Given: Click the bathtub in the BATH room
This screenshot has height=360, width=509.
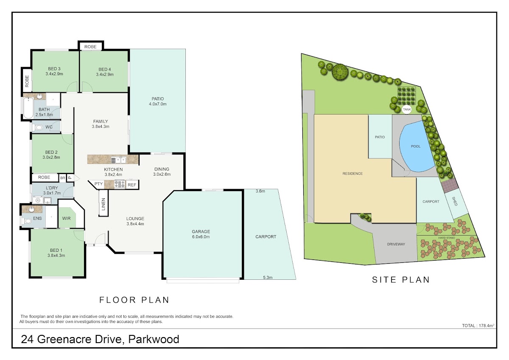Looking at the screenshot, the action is click(28, 108).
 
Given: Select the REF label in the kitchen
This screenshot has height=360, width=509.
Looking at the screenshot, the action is click(132, 185).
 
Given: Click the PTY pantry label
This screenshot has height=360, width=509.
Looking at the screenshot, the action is click(98, 184).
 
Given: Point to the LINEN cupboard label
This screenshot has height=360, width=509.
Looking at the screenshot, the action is click(103, 204).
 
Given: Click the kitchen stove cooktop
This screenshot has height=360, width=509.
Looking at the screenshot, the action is click(120, 184).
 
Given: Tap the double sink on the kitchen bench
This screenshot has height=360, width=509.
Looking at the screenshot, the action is click(118, 160).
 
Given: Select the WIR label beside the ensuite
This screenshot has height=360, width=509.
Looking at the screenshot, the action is click(66, 218).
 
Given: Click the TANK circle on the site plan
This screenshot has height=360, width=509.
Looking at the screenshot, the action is click(406, 110).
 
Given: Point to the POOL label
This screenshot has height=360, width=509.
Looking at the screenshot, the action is click(416, 146).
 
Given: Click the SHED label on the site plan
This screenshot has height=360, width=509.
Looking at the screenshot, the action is click(454, 201).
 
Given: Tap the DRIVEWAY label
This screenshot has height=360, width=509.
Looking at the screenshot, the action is click(396, 244).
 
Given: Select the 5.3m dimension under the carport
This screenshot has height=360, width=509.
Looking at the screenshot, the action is click(268, 278).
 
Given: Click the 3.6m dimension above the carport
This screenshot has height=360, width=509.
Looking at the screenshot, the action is click(260, 191).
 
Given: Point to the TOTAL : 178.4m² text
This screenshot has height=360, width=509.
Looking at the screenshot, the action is click(478, 326).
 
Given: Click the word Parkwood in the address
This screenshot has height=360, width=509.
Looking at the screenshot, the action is click(154, 339).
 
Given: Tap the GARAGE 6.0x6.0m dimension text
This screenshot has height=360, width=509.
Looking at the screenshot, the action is click(201, 237).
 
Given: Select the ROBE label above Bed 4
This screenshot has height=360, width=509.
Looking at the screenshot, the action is click(90, 47).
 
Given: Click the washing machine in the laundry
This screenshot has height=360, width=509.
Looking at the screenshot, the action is click(38, 200).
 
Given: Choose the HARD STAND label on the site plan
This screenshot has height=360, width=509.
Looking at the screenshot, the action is click(447, 238).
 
